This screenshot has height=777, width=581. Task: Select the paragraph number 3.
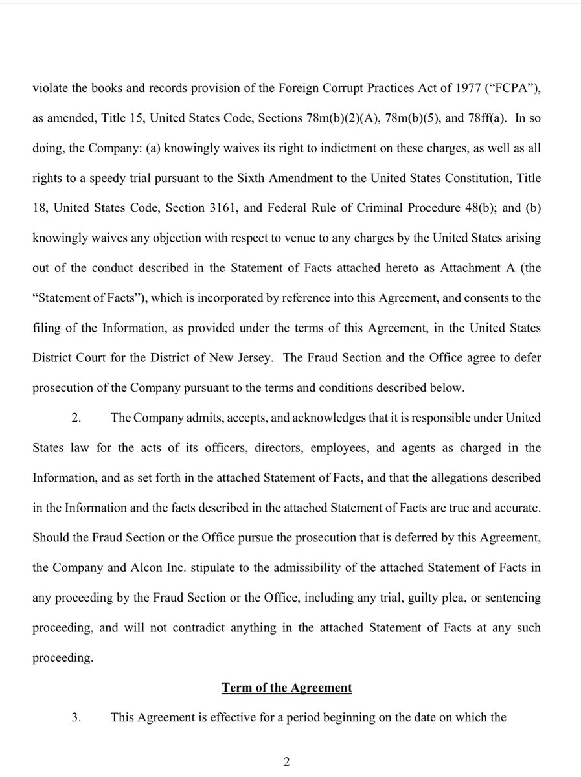pos(76,717)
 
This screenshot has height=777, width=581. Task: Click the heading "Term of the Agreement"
pos(287,688)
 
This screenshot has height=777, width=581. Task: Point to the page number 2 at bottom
pos(286,762)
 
